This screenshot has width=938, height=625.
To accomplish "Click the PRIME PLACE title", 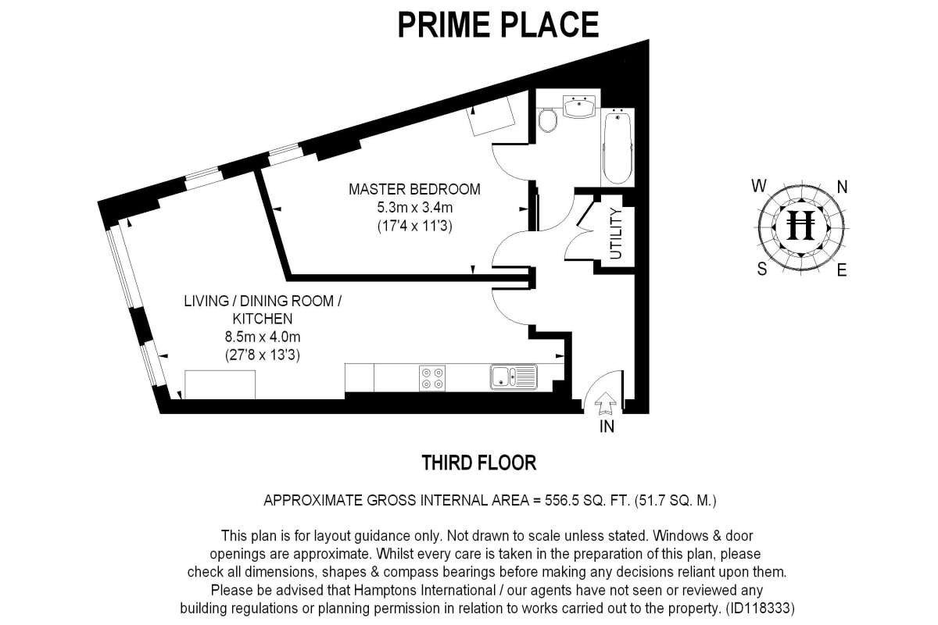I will (498, 24).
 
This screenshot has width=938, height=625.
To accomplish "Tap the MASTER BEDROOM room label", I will (414, 189).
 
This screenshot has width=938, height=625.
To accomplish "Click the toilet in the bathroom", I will (548, 120).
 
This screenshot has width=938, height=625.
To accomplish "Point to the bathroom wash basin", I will (579, 106).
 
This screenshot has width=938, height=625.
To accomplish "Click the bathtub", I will (618, 146).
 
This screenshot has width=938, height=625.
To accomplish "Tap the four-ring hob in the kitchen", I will (431, 378).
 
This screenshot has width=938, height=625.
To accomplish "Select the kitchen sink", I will (514, 377).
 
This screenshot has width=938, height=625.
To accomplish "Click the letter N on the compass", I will (843, 187).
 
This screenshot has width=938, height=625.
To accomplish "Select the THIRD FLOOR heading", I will (479, 462).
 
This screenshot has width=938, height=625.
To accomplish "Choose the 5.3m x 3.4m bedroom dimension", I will (414, 208).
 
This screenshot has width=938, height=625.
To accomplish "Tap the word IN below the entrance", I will (607, 427).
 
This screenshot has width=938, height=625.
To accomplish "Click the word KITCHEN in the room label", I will (262, 319).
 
